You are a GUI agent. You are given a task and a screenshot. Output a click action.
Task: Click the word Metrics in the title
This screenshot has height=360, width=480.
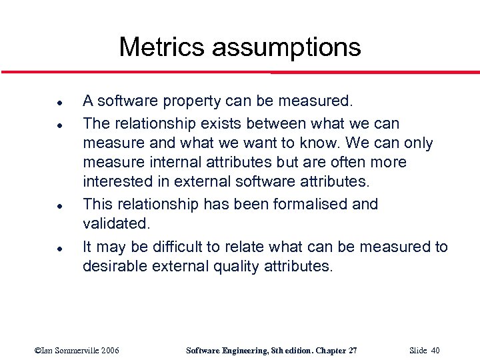(x=161, y=47)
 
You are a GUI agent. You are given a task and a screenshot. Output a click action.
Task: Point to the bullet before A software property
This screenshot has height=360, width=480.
(x=41, y=104)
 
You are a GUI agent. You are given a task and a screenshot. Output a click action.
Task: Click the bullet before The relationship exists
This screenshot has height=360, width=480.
(x=41, y=125)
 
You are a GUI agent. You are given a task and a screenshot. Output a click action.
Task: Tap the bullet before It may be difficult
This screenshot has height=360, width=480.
(x=41, y=248)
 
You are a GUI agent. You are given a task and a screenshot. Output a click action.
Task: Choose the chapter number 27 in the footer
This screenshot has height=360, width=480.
(x=351, y=351)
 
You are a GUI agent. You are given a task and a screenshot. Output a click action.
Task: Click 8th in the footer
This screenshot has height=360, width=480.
(x=274, y=351)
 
